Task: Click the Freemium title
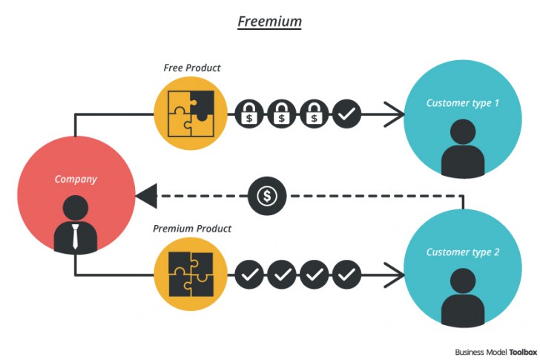pos(269,21)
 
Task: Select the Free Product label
pos(191,68)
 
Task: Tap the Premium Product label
pos(192,229)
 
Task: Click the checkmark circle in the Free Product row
pos(346,114)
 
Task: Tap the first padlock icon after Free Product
pos(250,114)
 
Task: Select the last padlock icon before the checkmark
pos(315,114)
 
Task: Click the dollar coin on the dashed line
pos(267,196)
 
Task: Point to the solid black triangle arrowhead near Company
pos(145,197)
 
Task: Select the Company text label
pos(76,179)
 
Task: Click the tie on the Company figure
pos(76,236)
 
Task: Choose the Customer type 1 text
pos(462,103)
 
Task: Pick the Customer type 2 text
pos(462,252)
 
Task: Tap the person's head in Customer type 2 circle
pos(462,283)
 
